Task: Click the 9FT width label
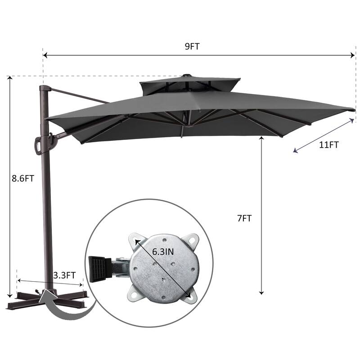point(192,46)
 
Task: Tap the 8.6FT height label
point(23,178)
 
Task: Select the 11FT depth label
point(329,145)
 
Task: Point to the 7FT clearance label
point(244,218)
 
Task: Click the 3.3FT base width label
point(64,275)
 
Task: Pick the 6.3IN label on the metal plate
point(163,252)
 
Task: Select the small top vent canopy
point(190,86)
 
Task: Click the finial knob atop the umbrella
point(186,75)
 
